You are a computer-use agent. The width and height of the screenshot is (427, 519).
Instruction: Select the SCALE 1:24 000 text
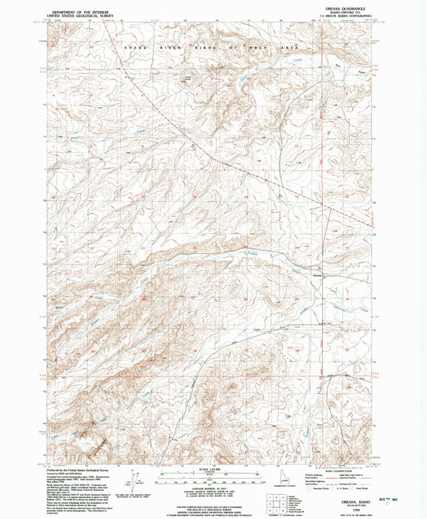pos(207,469)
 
